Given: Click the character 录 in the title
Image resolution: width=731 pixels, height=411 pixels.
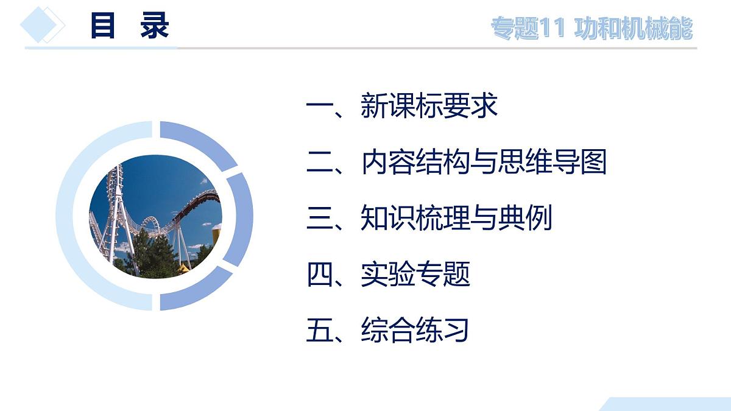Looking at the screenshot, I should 155,26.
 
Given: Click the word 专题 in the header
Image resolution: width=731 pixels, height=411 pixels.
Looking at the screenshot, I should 515,29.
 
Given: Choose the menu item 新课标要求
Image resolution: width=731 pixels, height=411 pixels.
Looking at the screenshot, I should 429,105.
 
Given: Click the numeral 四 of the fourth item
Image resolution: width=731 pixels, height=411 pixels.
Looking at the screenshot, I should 320,275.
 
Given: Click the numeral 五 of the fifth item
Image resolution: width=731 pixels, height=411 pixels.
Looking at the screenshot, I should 320,330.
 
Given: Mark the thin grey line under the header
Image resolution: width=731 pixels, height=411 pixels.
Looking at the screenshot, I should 426,48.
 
